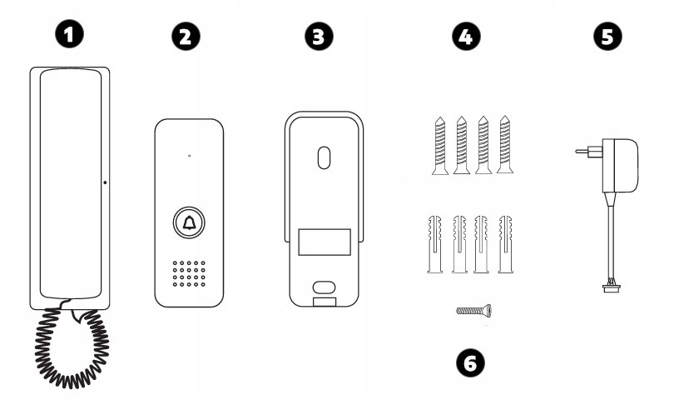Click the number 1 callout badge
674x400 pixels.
coord(69,34)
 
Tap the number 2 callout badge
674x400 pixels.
coord(186,36)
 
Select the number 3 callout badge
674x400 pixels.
coord(319,36)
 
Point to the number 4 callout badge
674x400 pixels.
coord(466,36)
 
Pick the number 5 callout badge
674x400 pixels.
coord(607,36)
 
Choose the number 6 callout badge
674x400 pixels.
coord(470,363)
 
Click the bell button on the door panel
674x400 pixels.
coord(189,223)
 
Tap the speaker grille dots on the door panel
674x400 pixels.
coord(189,273)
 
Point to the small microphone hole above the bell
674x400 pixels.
coord(190,156)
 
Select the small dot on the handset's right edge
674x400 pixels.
coord(106,182)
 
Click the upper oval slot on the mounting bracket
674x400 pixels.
coord(325,157)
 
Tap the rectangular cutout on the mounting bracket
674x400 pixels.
coord(325,242)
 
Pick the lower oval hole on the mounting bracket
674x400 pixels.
coord(325,287)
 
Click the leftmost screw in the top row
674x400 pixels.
coord(439,146)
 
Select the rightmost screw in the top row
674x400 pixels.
coord(505,144)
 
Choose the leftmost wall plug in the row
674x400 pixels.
coord(435,244)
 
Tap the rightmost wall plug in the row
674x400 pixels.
coord(506,244)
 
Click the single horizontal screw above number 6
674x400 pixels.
coord(474,310)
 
